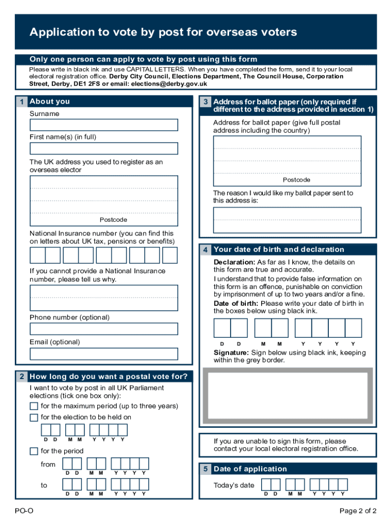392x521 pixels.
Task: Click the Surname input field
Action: pos(104,125)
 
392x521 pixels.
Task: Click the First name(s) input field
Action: pos(104,149)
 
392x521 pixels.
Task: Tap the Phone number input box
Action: pos(104,329)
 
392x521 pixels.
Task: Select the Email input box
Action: pos(104,354)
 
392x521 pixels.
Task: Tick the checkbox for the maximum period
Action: pos(34,406)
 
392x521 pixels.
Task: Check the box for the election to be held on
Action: pos(34,418)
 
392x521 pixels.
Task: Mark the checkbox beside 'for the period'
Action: pos(34,451)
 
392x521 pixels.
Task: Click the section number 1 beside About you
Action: pos(21,102)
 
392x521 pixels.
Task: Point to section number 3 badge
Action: pos(205,102)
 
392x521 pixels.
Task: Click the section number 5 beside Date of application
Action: pos(205,469)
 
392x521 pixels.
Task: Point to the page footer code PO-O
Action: pos(24,511)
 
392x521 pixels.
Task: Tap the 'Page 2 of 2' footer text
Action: pos(358,511)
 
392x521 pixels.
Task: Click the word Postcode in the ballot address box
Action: pos(297,180)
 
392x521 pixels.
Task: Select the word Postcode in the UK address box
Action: pos(113,220)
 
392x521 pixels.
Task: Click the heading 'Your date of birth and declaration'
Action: pos(279,249)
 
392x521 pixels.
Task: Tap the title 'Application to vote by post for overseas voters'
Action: pos(163,33)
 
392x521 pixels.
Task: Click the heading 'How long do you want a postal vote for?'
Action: pos(111,377)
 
